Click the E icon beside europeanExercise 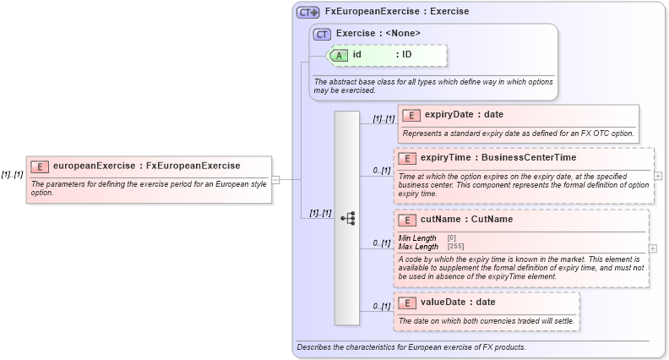pos(41,166)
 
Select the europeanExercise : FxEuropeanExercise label pos(146,166)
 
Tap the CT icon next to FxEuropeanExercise pos(307,12)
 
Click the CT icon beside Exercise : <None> pos(322,34)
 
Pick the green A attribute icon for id pos(339,55)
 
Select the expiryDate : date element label pos(464,115)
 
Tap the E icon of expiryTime pos(407,158)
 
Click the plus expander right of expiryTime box pos(658,176)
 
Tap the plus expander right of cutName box pos(653,249)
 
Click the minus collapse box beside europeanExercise pos(275,179)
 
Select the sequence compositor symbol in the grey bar pos(347,217)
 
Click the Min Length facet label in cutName pos(417,238)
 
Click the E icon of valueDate pos(407,303)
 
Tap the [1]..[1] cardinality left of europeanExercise pos(12,174)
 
